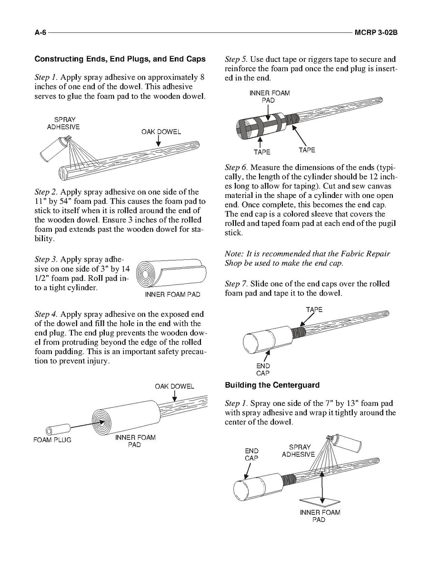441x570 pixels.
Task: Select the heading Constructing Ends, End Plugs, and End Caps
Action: point(120,59)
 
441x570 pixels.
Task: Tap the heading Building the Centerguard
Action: point(272,385)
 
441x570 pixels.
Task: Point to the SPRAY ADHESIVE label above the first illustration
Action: point(63,123)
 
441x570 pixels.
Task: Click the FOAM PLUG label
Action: point(52,440)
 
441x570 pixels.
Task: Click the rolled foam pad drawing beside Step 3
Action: point(170,274)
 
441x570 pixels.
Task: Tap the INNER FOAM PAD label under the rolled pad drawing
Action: point(172,295)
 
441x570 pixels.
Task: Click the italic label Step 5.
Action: point(236,59)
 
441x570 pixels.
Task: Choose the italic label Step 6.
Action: point(236,167)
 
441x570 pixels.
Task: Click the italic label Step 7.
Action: point(236,284)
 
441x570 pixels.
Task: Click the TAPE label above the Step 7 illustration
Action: point(314,310)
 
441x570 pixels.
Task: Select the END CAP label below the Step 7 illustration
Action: point(263,369)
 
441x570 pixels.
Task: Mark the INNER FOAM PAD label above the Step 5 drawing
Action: point(269,97)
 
